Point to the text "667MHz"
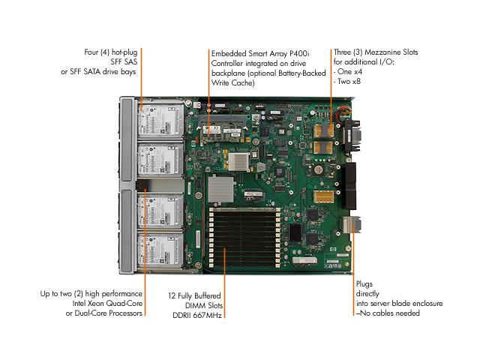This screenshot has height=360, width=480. pyautogui.click(x=209, y=313)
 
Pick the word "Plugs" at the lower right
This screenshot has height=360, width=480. pyautogui.click(x=365, y=284)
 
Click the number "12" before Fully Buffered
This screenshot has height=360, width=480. pyautogui.click(x=173, y=293)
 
